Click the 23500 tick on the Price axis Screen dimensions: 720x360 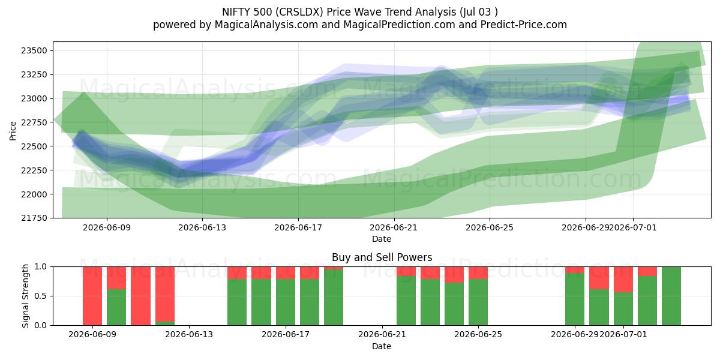[34, 51]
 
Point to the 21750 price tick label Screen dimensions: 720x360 [34, 218]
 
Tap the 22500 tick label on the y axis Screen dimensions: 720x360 [34, 146]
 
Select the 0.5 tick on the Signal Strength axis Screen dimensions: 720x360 [41, 296]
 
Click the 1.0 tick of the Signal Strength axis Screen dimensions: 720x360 [41, 267]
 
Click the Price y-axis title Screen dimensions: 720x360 [13, 131]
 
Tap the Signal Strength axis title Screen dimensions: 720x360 [25, 296]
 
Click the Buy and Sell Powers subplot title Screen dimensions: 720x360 [382, 257]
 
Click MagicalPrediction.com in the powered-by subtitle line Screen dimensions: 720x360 [399, 25]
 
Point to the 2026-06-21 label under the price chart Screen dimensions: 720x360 [394, 228]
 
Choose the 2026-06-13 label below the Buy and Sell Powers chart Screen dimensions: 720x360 [189, 335]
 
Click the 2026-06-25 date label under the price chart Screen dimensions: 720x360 [490, 228]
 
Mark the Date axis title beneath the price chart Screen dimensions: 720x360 [382, 239]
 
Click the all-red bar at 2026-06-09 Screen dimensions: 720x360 [92, 296]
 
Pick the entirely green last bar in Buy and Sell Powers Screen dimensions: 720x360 [671, 296]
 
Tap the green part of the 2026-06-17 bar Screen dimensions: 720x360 [286, 302]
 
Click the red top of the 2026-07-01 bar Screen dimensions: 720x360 [623, 280]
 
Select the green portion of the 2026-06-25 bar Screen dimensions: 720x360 [478, 302]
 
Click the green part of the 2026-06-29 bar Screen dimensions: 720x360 [575, 299]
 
